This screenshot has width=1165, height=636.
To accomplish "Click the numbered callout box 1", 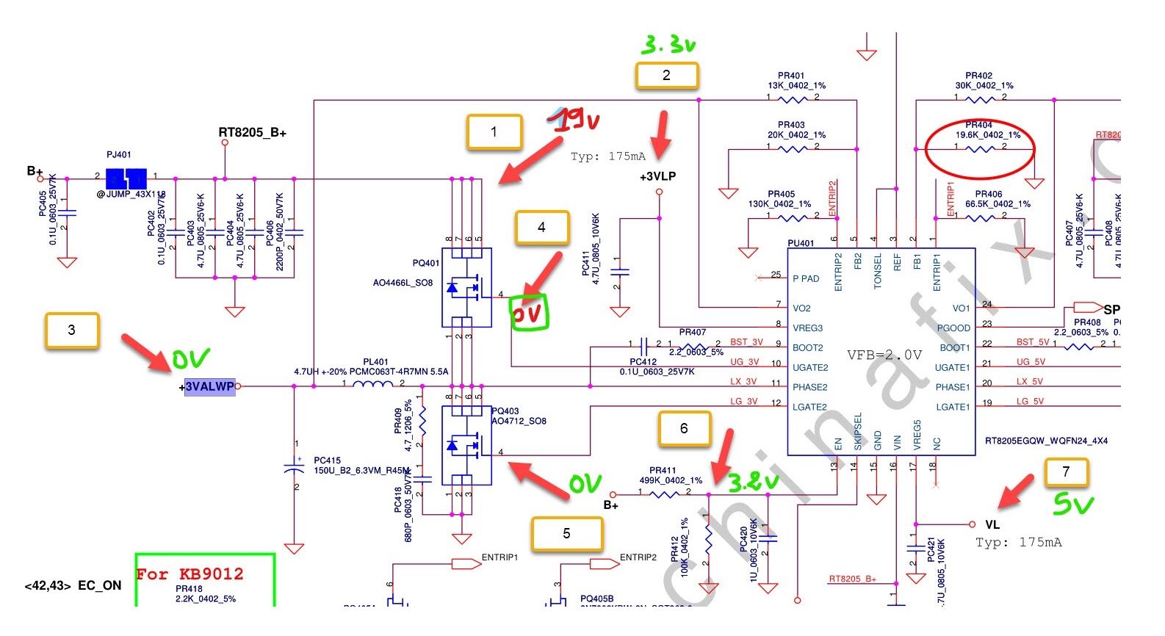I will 494,132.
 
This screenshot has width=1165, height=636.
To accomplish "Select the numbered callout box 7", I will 1066,472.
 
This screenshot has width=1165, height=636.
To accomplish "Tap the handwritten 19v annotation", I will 578,119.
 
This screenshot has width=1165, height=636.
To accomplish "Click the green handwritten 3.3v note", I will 668,46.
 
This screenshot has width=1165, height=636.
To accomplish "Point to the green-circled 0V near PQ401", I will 529,314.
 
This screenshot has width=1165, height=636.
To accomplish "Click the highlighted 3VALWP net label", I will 209,387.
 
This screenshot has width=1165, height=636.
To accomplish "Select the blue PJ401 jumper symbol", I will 126,178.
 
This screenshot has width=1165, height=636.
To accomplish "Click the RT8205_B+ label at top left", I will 252,133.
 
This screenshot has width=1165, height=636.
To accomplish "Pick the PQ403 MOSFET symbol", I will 466,446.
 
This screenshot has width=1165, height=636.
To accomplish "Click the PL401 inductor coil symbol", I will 372,384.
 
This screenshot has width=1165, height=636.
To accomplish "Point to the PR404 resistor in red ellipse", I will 979,148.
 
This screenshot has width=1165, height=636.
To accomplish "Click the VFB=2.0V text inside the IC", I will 884,355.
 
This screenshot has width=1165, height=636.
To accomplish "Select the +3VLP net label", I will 657,177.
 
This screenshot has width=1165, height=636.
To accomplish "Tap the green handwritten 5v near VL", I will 1073,504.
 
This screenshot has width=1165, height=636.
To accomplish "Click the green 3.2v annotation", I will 752,482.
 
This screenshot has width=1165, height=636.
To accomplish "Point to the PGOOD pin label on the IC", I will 953,328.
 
